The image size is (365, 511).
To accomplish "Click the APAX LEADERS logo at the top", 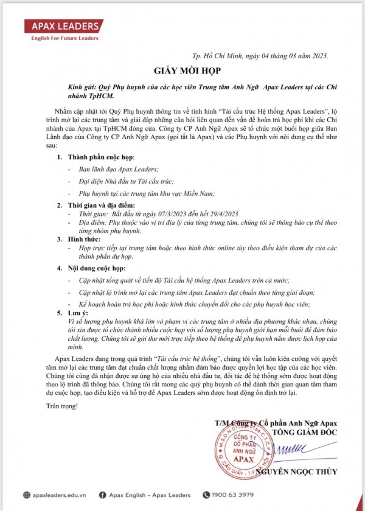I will point(63,27).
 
